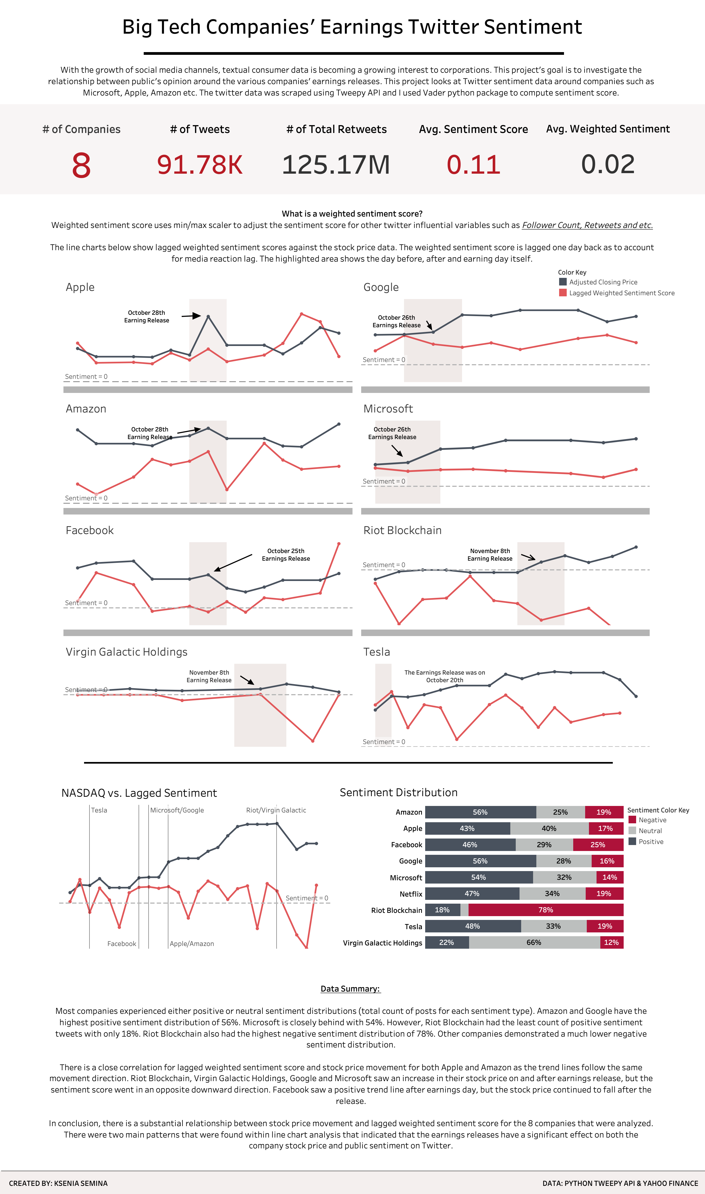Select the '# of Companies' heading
coord(81,129)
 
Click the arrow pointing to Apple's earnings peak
coord(191,316)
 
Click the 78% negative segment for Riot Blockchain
coord(545,910)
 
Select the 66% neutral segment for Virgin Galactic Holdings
coord(534,942)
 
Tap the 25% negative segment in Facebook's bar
coord(598,845)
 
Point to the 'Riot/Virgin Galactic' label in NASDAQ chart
coord(276,810)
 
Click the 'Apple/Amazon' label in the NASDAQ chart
coord(192,944)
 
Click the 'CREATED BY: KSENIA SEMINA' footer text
coord(58,1183)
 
